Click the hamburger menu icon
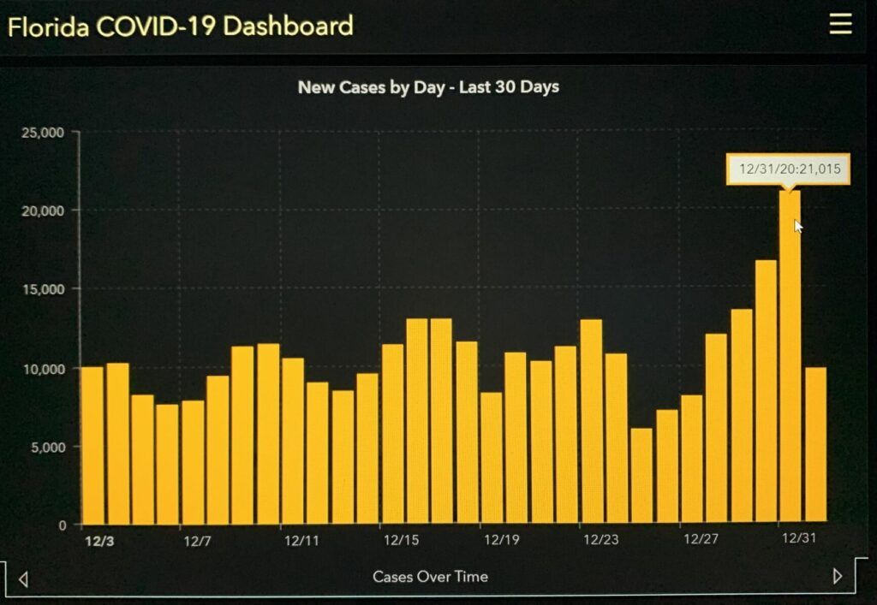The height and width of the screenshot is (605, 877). (x=840, y=25)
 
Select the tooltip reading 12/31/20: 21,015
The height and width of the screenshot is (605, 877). (x=788, y=169)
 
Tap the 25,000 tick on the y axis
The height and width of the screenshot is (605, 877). (x=49, y=133)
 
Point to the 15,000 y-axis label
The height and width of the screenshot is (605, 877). (x=49, y=289)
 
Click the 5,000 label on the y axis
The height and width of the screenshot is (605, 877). (x=51, y=447)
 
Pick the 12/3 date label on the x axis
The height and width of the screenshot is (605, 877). (x=98, y=541)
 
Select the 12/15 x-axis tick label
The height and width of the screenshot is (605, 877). (x=401, y=540)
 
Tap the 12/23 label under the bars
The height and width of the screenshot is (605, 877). (x=601, y=540)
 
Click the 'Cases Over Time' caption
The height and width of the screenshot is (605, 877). (x=430, y=577)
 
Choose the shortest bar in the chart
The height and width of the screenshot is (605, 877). (x=641, y=476)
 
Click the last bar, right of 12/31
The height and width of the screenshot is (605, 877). (x=815, y=445)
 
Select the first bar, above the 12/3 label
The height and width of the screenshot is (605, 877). (x=92, y=445)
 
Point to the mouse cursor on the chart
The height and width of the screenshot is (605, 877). (x=798, y=226)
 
